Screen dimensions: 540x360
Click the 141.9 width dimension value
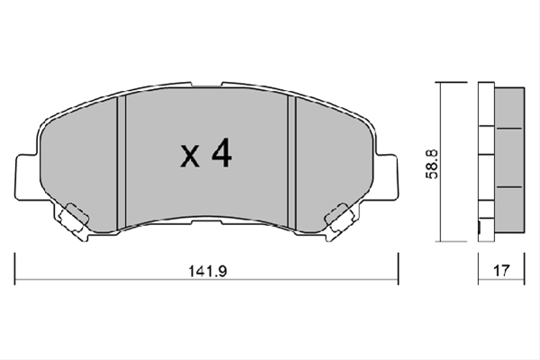pyautogui.click(x=207, y=271)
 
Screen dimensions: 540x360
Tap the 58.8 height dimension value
pyautogui.click(x=431, y=164)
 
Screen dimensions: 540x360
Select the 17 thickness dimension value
pyautogui.click(x=501, y=270)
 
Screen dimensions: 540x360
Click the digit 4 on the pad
pyautogui.click(x=221, y=153)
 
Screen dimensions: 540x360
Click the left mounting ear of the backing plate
pyautogui.click(x=26, y=176)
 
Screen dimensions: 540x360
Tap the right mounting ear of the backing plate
pyautogui.click(x=386, y=176)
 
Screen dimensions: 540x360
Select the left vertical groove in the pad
pyautogui.click(x=121, y=163)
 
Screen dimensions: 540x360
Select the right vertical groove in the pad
pyautogui.click(x=292, y=163)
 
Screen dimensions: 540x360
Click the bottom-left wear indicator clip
pyautogui.click(x=74, y=220)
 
